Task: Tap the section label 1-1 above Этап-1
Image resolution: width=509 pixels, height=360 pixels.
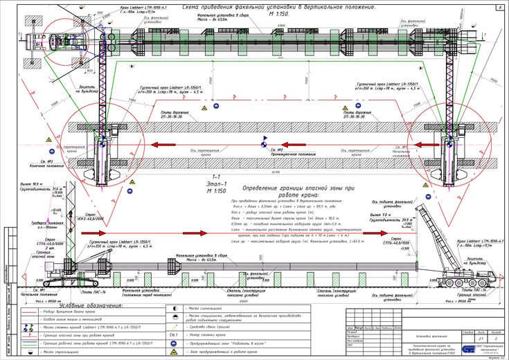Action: coord(215,177)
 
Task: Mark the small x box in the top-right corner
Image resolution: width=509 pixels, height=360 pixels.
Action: coord(500,7)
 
